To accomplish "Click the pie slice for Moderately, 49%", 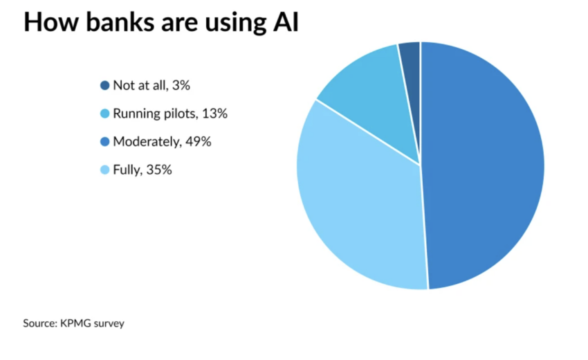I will (484, 166).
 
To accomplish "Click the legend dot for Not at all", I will (105, 86).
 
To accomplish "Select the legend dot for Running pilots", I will (105, 114).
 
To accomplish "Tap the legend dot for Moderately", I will (105, 142).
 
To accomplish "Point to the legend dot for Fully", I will (105, 170).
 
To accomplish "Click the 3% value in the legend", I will (180, 86).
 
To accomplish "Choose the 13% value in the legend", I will (215, 114).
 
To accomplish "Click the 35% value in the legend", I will (159, 170).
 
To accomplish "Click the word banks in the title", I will (110, 23).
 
